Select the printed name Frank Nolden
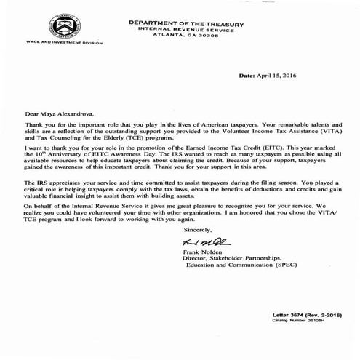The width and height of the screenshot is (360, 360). (200, 252)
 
